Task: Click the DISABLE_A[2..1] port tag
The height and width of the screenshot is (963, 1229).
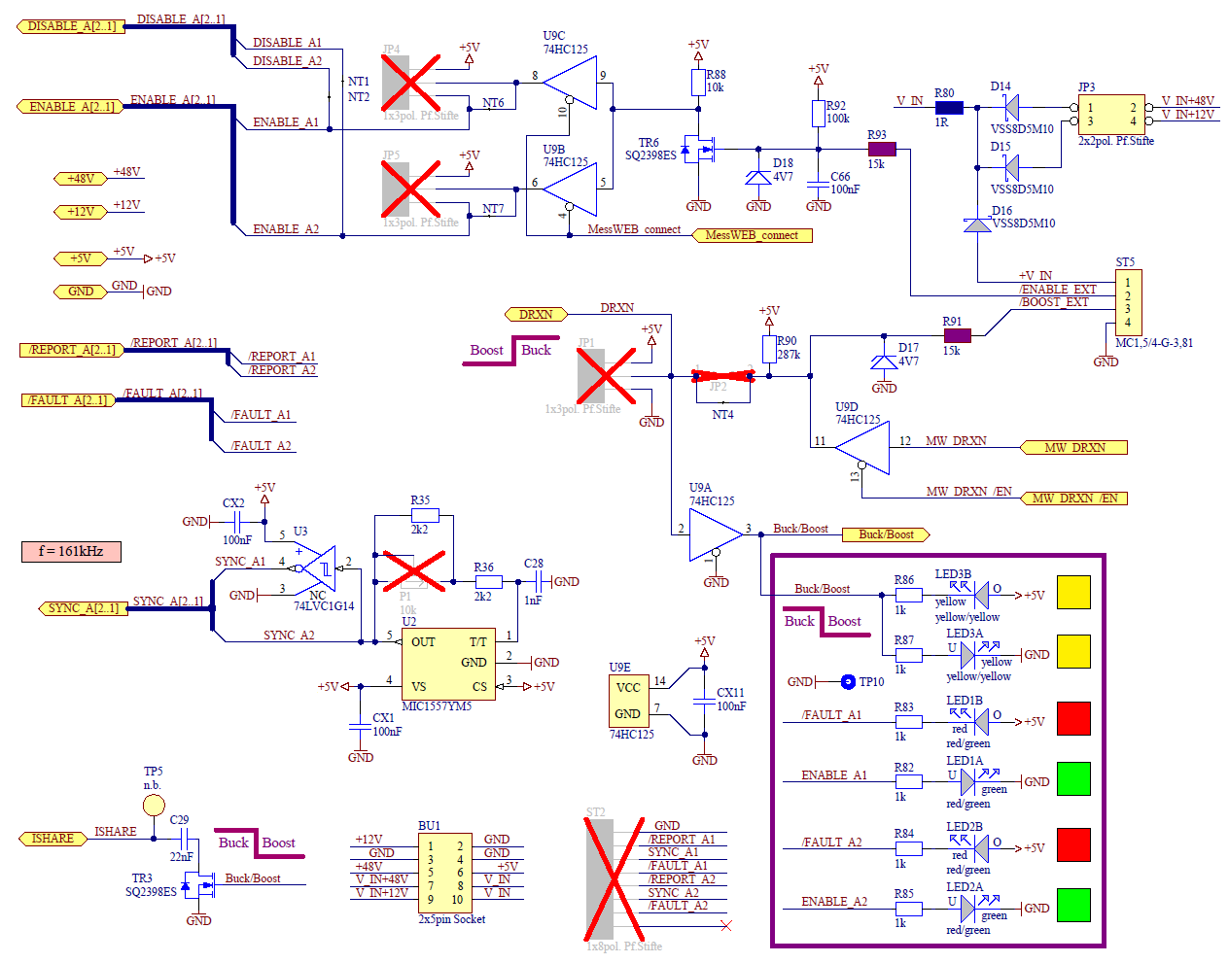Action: click(x=71, y=26)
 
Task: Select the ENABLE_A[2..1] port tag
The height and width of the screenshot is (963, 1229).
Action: click(x=71, y=107)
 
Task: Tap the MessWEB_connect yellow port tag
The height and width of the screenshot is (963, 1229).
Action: click(x=752, y=235)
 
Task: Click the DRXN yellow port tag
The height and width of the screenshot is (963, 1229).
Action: click(x=536, y=314)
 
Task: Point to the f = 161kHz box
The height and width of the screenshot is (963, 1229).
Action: click(x=71, y=552)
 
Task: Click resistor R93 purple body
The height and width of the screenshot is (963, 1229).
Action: click(x=881, y=149)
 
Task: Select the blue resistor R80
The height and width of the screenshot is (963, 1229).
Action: click(x=948, y=108)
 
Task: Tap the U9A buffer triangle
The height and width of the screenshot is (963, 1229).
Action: click(x=716, y=533)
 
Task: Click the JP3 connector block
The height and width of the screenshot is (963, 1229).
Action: click(x=1111, y=115)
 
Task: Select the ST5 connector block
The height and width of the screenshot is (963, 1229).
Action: click(x=1128, y=302)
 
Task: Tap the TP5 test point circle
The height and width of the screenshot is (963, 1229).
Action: click(x=154, y=805)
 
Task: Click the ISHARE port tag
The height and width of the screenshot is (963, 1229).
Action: click(x=53, y=839)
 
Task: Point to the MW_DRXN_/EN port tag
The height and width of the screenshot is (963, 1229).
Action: click(x=1074, y=499)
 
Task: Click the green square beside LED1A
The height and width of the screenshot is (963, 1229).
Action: click(x=1073, y=778)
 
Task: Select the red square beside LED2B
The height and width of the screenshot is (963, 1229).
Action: click(x=1073, y=844)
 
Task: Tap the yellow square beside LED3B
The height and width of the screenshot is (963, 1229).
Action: click(x=1073, y=592)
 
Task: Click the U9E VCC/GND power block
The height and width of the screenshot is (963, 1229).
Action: click(x=627, y=701)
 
